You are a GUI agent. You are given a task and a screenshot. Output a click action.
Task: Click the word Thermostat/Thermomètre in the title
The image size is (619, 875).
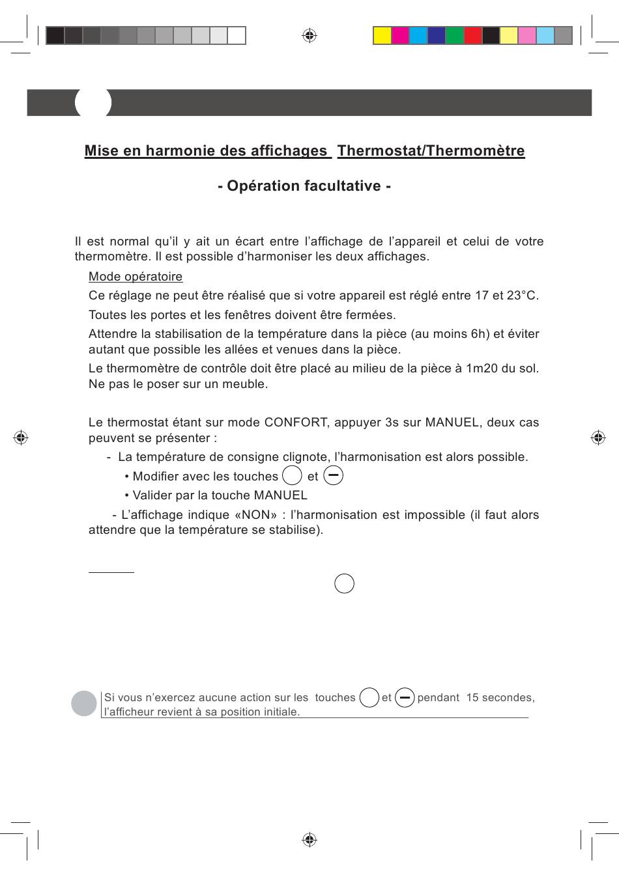431,151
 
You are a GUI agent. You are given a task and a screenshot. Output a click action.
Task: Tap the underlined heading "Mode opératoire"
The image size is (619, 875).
136,277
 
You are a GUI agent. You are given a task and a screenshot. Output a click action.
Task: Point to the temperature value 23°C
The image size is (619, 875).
522,296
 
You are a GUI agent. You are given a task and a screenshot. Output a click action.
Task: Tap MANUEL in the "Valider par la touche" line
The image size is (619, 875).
280,495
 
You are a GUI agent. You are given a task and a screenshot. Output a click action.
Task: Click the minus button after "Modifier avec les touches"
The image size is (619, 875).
333,476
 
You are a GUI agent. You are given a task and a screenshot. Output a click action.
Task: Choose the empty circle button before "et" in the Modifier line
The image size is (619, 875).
292,476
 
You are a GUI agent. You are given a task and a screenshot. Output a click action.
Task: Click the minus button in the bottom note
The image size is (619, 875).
405,698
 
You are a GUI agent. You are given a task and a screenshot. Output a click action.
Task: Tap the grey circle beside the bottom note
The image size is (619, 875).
84,703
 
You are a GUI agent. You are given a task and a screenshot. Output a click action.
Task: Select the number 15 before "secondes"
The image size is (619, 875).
472,698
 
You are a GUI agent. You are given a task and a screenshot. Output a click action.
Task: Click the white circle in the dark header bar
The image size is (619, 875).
93,102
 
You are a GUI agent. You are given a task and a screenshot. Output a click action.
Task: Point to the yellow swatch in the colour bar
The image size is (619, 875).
382,35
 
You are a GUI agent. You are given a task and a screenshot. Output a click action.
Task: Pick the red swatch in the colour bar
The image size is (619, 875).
473,35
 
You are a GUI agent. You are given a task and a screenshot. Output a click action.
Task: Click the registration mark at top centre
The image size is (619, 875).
309,35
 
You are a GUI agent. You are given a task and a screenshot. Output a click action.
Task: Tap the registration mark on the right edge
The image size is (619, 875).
597,437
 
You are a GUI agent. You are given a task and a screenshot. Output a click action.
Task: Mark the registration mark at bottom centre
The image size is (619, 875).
309,839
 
